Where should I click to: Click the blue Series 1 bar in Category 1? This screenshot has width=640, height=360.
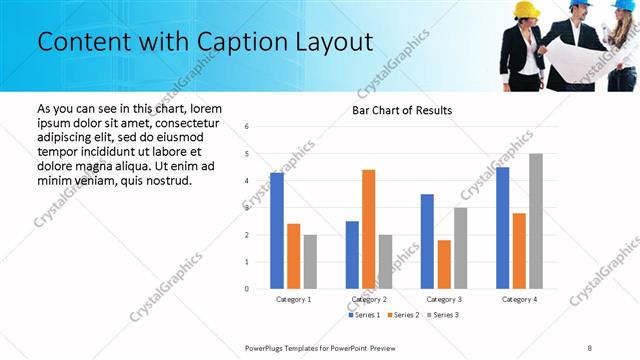point(277,231)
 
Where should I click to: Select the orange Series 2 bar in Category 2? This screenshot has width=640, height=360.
point(368,229)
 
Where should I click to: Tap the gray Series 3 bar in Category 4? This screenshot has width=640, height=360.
point(536,221)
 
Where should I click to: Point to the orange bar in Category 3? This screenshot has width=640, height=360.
point(444,264)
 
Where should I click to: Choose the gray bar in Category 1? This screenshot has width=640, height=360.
point(310,262)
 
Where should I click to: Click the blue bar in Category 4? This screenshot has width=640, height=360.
point(503,228)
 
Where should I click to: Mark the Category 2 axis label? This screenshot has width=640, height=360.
point(369,299)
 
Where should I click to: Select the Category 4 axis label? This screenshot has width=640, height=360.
point(519,299)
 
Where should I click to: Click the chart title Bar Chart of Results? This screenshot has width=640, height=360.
point(402,110)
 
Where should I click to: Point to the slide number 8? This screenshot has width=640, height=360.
point(589,347)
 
